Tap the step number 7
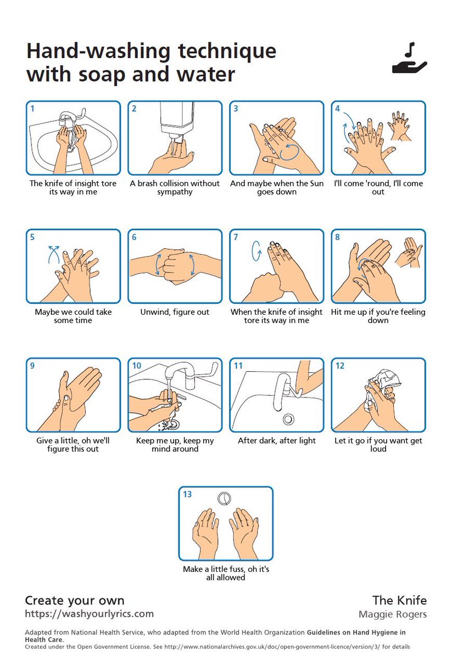click(236, 237)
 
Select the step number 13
click(187, 494)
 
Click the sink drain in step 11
click(289, 419)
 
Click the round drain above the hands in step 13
click(224, 498)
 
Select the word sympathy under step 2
click(175, 192)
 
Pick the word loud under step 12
click(378, 449)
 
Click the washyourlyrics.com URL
click(89, 614)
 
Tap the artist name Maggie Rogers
click(393, 614)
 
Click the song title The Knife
click(400, 600)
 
